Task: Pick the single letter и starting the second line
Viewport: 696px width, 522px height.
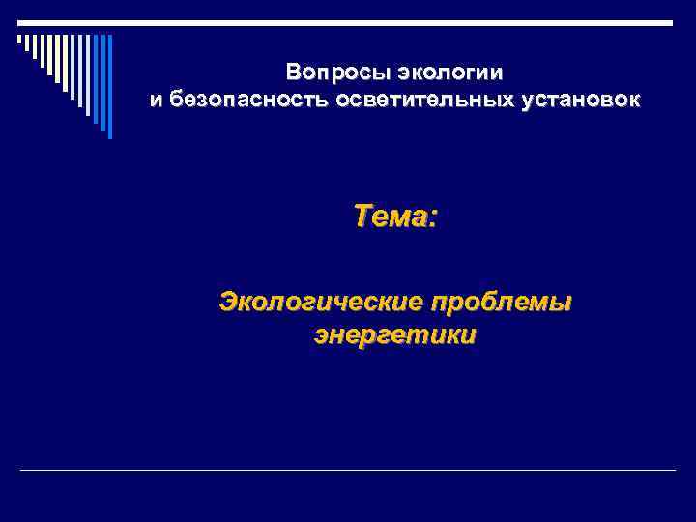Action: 156,101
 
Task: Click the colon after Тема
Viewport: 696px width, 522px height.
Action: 432,217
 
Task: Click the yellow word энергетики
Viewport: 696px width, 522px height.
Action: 395,336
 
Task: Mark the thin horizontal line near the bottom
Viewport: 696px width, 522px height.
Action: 348,471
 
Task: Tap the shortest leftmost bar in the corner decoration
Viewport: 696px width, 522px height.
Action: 19,39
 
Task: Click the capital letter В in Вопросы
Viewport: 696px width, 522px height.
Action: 293,73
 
